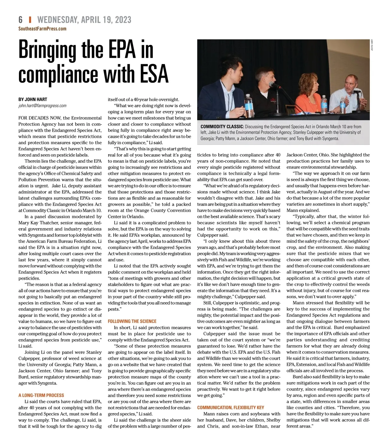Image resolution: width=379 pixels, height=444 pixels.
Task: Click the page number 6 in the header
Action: pos(21,20)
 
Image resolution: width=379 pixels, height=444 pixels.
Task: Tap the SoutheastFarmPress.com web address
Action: pos(42,29)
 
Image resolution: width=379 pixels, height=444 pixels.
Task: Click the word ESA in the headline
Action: pos(151,74)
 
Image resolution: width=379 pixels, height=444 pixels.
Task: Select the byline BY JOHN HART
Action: pos(33,100)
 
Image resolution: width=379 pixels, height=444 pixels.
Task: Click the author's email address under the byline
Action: pos(42,106)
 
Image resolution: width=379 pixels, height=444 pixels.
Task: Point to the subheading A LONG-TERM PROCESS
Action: pos(41,395)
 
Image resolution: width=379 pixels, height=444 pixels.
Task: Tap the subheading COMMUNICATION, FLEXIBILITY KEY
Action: pos(231,408)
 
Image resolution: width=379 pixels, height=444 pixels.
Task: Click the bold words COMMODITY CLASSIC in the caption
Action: pos(222,127)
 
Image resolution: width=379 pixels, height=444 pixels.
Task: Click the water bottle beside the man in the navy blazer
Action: pos(249,106)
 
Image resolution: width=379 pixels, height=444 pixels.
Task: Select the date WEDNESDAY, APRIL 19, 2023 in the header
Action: pos(84,20)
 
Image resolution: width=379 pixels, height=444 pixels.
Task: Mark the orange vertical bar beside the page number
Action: pos(30,20)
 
